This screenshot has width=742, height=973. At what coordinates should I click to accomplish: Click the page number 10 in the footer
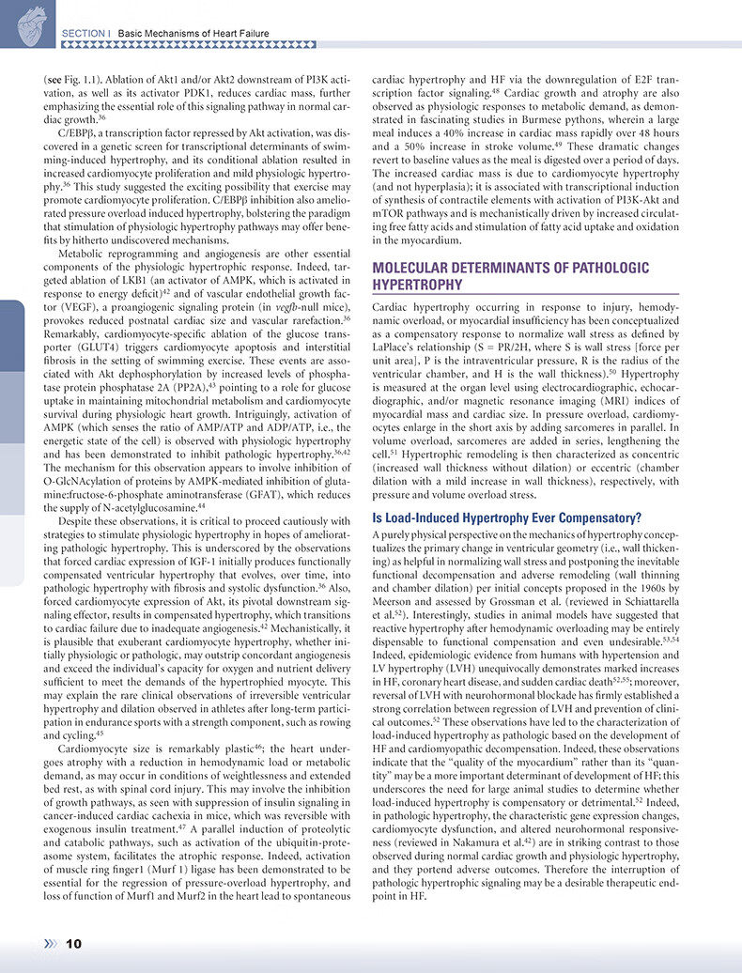click(x=74, y=943)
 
